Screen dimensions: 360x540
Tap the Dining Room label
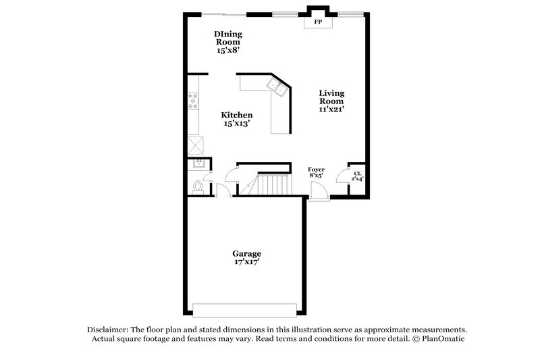tap(227, 38)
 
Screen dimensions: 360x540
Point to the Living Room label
tap(331, 97)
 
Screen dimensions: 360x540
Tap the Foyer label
tap(316, 170)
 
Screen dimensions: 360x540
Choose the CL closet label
tap(357, 174)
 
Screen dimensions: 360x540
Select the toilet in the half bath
tap(197, 186)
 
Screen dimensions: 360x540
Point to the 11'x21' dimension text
tap(331, 109)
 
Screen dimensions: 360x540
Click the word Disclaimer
tap(109, 329)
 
